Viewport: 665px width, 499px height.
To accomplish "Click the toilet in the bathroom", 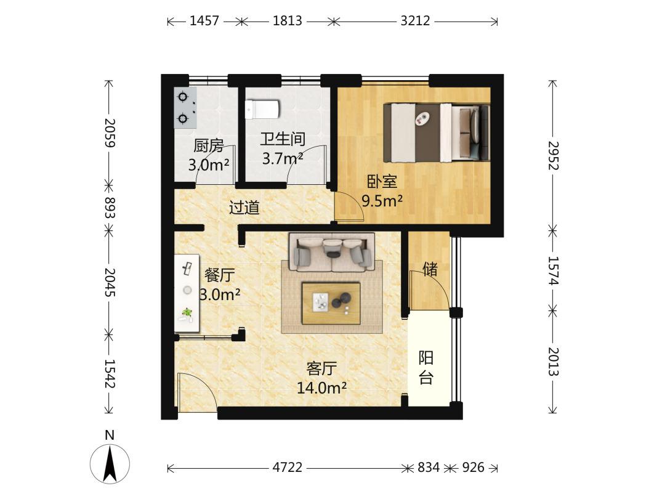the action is (x=262, y=109).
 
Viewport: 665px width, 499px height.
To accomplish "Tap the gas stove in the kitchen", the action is (x=185, y=108).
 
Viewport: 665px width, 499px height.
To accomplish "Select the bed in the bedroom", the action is (x=437, y=132).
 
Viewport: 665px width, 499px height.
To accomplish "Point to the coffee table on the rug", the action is (x=331, y=303).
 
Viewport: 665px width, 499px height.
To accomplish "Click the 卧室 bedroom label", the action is (x=382, y=182).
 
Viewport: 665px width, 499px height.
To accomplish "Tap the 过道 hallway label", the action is (x=244, y=208).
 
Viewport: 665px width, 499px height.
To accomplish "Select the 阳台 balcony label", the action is (x=426, y=367).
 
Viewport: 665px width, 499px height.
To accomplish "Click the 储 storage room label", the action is (x=430, y=269).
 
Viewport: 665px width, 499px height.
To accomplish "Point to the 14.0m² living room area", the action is (x=322, y=388).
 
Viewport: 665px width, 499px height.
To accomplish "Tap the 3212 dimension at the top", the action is (x=415, y=20).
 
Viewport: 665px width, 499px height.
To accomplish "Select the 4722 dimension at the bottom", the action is (x=288, y=468).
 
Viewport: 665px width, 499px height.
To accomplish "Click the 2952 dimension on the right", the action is (x=553, y=156).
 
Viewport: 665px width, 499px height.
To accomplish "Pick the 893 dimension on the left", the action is (x=110, y=208).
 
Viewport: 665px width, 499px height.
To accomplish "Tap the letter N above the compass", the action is (x=110, y=436).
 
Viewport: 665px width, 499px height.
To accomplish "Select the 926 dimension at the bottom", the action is (x=473, y=468).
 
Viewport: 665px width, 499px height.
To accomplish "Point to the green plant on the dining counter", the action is (x=187, y=313).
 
